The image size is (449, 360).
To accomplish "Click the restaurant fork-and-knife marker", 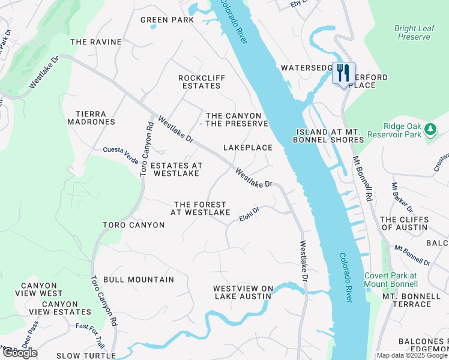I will pos(343,74).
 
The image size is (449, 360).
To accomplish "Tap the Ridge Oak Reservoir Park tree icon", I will pos(430,129).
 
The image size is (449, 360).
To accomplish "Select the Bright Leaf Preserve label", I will pos(413,32).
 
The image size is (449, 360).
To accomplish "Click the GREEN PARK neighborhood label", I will pos(167,20).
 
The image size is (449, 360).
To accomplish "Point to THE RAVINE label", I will pos(96,42).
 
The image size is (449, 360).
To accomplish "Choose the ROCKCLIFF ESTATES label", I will pos(200,82).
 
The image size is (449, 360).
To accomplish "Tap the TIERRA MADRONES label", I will pos(95,118).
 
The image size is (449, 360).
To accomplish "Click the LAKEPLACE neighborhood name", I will pos(248,148).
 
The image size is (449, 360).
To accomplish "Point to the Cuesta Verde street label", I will pos(121,151).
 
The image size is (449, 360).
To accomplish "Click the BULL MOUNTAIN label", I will pos(139,280).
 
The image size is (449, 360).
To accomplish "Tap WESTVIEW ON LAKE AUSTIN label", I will pos(243,292).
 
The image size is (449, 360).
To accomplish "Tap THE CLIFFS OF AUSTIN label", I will pos(403,223).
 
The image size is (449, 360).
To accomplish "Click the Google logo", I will pos(20,353).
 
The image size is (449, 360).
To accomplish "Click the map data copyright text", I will pos(412,356).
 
